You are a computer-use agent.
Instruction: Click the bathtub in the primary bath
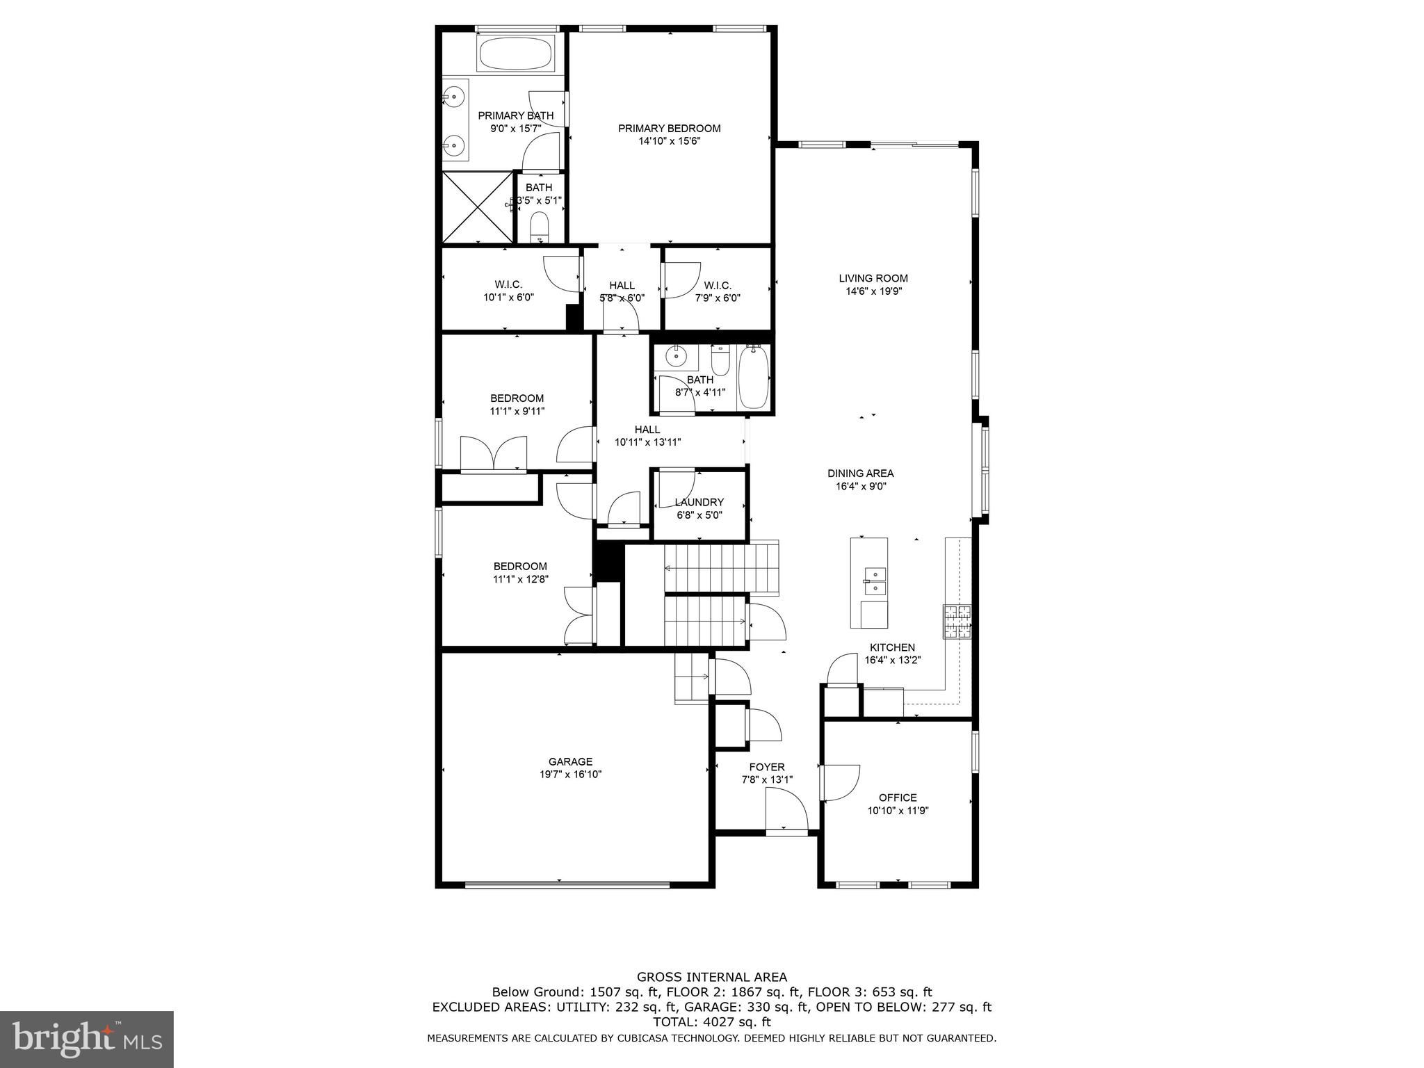click(x=515, y=53)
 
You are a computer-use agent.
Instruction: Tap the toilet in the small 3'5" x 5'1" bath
click(x=539, y=227)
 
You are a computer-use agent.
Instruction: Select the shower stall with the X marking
click(x=478, y=207)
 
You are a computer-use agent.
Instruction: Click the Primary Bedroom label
click(x=669, y=129)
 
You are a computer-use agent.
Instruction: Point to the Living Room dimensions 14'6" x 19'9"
click(x=873, y=291)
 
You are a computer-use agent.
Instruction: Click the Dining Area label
click(x=860, y=474)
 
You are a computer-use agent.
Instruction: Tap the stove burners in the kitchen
click(x=957, y=622)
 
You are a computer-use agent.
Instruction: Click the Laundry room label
click(x=699, y=502)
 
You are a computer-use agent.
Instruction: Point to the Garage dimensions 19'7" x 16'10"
click(x=570, y=774)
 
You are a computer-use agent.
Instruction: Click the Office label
click(x=898, y=798)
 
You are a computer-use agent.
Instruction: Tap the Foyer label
click(x=767, y=767)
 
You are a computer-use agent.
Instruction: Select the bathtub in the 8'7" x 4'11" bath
click(x=753, y=377)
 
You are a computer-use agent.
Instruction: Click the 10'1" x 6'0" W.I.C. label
click(x=508, y=285)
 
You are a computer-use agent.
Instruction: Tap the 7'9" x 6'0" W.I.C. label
click(x=717, y=286)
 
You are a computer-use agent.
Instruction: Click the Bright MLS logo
click(x=87, y=1039)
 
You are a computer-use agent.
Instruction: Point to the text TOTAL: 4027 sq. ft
click(x=711, y=1022)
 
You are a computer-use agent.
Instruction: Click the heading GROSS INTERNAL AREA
click(x=711, y=977)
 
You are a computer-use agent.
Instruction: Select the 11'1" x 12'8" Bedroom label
click(x=520, y=566)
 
